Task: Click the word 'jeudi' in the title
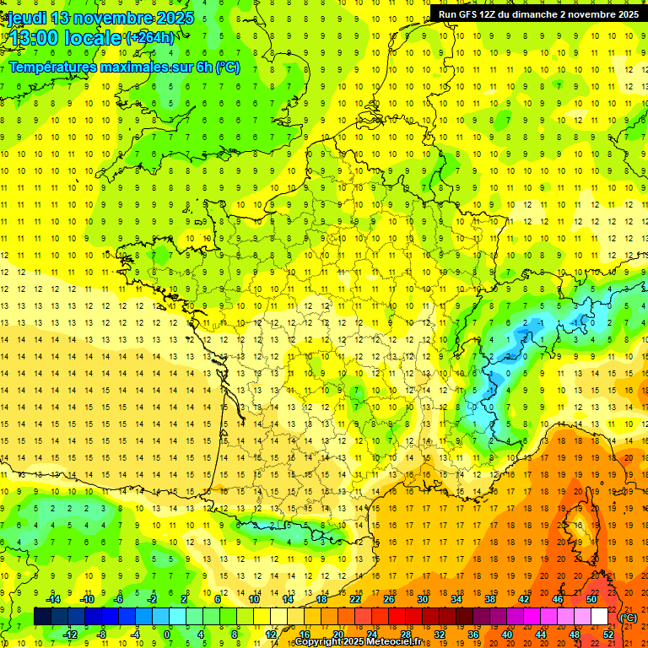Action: click(x=27, y=18)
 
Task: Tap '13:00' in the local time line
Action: click(x=34, y=38)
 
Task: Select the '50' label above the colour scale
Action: click(x=592, y=599)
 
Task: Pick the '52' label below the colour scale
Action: click(x=608, y=634)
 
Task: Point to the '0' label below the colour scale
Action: click(x=167, y=634)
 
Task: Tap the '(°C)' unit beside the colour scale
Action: click(x=629, y=618)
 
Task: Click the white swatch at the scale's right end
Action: click(x=599, y=617)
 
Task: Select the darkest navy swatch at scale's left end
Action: click(x=42, y=617)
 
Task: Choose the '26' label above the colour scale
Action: click(x=389, y=599)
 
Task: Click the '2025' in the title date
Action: click(x=174, y=18)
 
